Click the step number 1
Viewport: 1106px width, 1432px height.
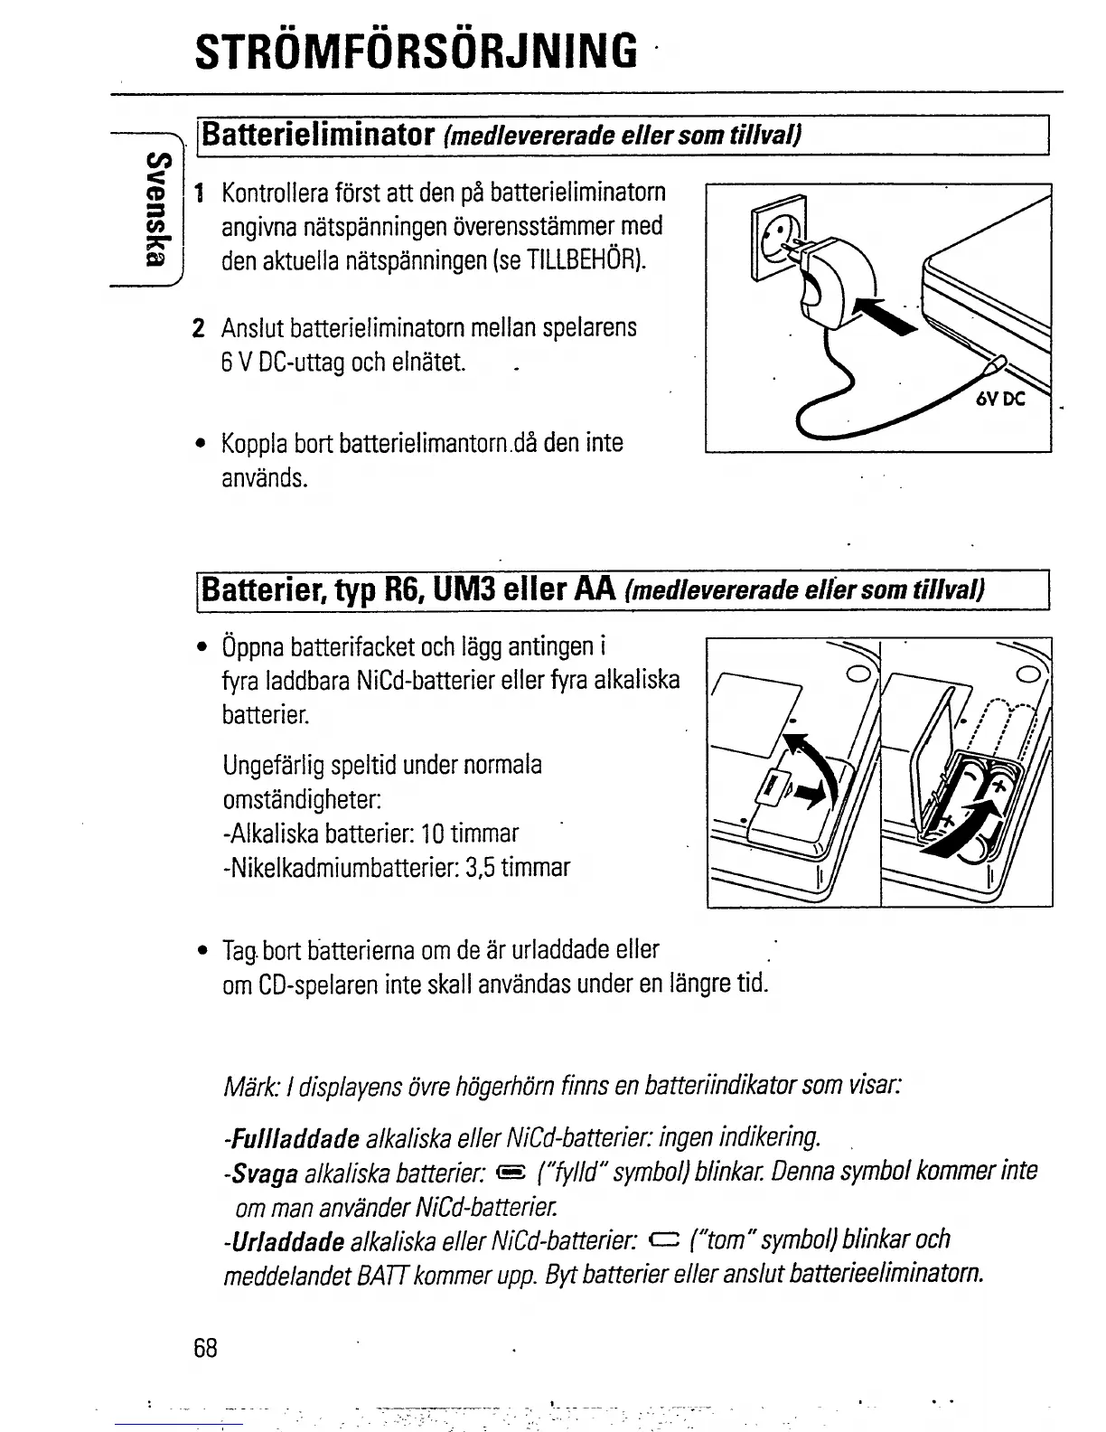(200, 193)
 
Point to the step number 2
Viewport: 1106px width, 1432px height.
(200, 327)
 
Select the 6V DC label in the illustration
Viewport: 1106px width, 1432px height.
(999, 398)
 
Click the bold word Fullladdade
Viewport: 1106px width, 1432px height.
(295, 1135)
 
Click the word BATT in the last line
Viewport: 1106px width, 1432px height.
(374, 1275)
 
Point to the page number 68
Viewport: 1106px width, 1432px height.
(205, 1348)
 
